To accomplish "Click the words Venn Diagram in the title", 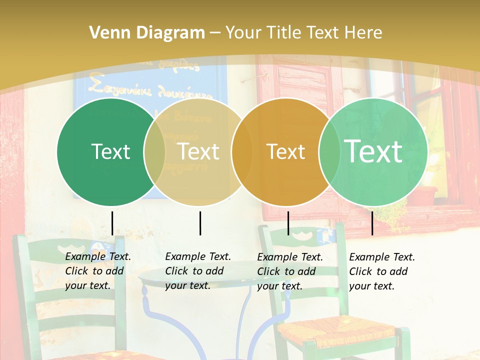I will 146,33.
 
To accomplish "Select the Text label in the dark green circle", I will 110,151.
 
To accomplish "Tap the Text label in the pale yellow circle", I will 198,151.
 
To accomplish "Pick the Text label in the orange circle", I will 285,151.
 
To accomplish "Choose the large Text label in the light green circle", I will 373,151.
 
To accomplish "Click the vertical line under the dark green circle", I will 112,223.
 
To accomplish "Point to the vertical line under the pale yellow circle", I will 200,223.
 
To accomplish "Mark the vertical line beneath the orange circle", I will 288,223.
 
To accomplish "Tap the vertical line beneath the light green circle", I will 372,223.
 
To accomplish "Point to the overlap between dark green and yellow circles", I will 154,151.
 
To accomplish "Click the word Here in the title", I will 365,33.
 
